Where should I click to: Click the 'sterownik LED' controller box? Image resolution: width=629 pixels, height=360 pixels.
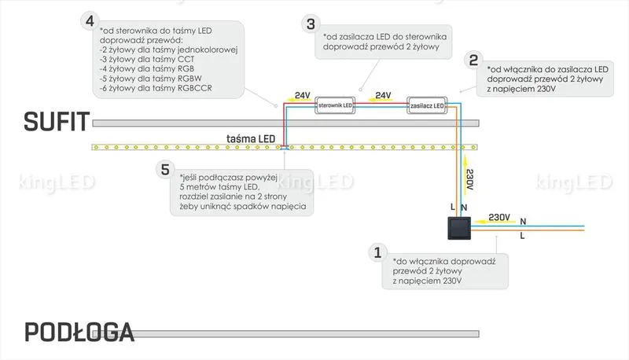(x=335, y=105)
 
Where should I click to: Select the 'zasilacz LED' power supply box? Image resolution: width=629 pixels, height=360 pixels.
(x=427, y=105)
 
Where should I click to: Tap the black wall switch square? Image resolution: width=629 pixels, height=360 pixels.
(x=459, y=228)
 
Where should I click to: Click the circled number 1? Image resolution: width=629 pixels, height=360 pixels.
(x=377, y=252)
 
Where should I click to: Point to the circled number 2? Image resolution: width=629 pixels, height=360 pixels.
(x=473, y=61)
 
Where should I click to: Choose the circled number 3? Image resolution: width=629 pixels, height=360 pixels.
(x=311, y=24)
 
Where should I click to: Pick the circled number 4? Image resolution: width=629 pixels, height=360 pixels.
(x=90, y=21)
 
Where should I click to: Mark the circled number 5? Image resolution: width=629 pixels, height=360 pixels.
(x=165, y=170)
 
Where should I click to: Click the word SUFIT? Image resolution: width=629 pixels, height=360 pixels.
(x=56, y=122)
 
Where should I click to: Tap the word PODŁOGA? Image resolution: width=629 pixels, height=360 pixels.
(x=79, y=332)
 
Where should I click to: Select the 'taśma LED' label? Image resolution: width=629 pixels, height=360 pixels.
(x=251, y=138)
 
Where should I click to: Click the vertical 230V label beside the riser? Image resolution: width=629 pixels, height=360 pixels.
(x=470, y=179)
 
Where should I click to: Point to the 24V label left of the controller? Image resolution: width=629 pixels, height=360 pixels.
(x=303, y=95)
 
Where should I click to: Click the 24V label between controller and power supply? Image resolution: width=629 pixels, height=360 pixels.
(x=383, y=95)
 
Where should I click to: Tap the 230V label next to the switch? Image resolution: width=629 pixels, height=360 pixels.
(x=499, y=217)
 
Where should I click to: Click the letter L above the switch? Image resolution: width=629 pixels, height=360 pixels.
(x=453, y=207)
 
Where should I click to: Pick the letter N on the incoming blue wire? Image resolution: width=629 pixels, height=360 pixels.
(x=523, y=222)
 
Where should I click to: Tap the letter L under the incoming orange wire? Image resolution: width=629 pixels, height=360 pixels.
(x=522, y=236)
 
